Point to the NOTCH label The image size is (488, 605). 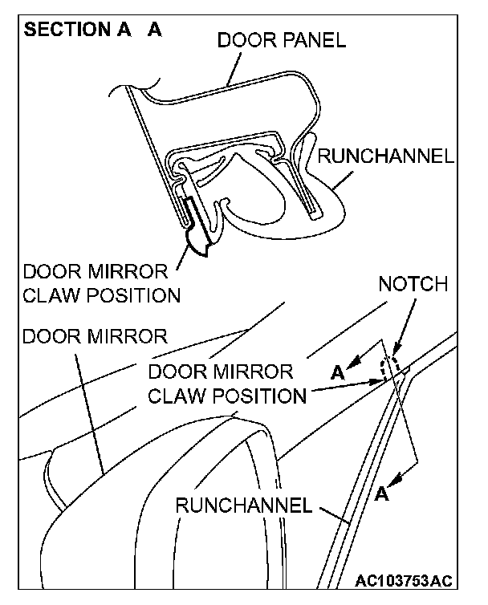pyautogui.click(x=413, y=285)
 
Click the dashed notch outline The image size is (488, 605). pyautogui.click(x=389, y=367)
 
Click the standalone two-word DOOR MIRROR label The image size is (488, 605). pyautogui.click(x=95, y=335)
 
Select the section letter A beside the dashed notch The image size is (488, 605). pyautogui.click(x=338, y=372)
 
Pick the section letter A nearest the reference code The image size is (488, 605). pyautogui.click(x=382, y=494)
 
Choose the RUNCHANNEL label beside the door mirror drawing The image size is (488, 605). pyautogui.click(x=243, y=506)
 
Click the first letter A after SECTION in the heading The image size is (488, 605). pyautogui.click(x=128, y=30)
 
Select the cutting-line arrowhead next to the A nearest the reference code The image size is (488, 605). pyautogui.click(x=394, y=478)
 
